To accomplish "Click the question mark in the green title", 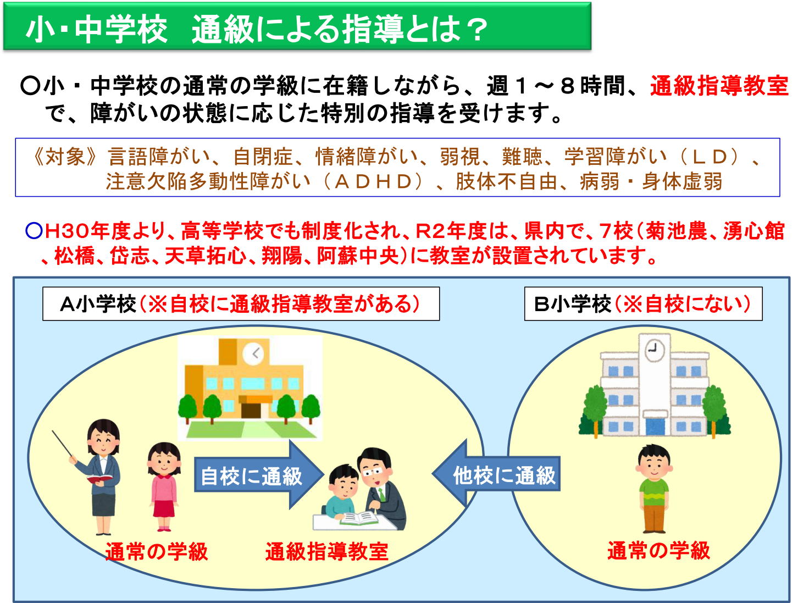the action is point(474,29).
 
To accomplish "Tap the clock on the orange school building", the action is point(254,353).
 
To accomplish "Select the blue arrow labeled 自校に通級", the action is point(259,474).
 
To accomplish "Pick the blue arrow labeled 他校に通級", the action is point(496,474).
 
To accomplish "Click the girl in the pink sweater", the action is point(164,486).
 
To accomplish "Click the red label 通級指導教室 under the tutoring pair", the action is point(326,552).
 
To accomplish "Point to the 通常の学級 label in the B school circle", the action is point(658,551).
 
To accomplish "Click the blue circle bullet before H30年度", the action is point(34,231).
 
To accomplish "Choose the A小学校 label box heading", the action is point(241,303).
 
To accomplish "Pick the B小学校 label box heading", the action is point(643,303).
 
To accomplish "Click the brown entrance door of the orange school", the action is point(251,410).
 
